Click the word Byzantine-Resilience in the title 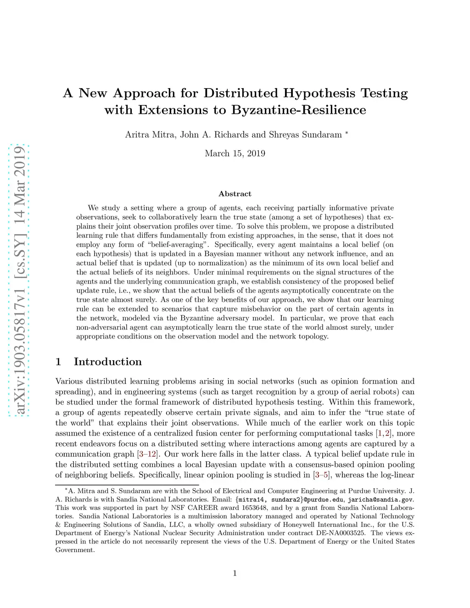(299, 110)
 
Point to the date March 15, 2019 (235, 153)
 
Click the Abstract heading (235, 194)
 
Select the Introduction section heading (108, 362)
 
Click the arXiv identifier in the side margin (20, 280)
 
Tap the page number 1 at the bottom (235, 573)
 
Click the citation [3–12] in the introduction (148, 454)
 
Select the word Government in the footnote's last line (74, 550)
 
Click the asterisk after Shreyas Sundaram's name (347, 133)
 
